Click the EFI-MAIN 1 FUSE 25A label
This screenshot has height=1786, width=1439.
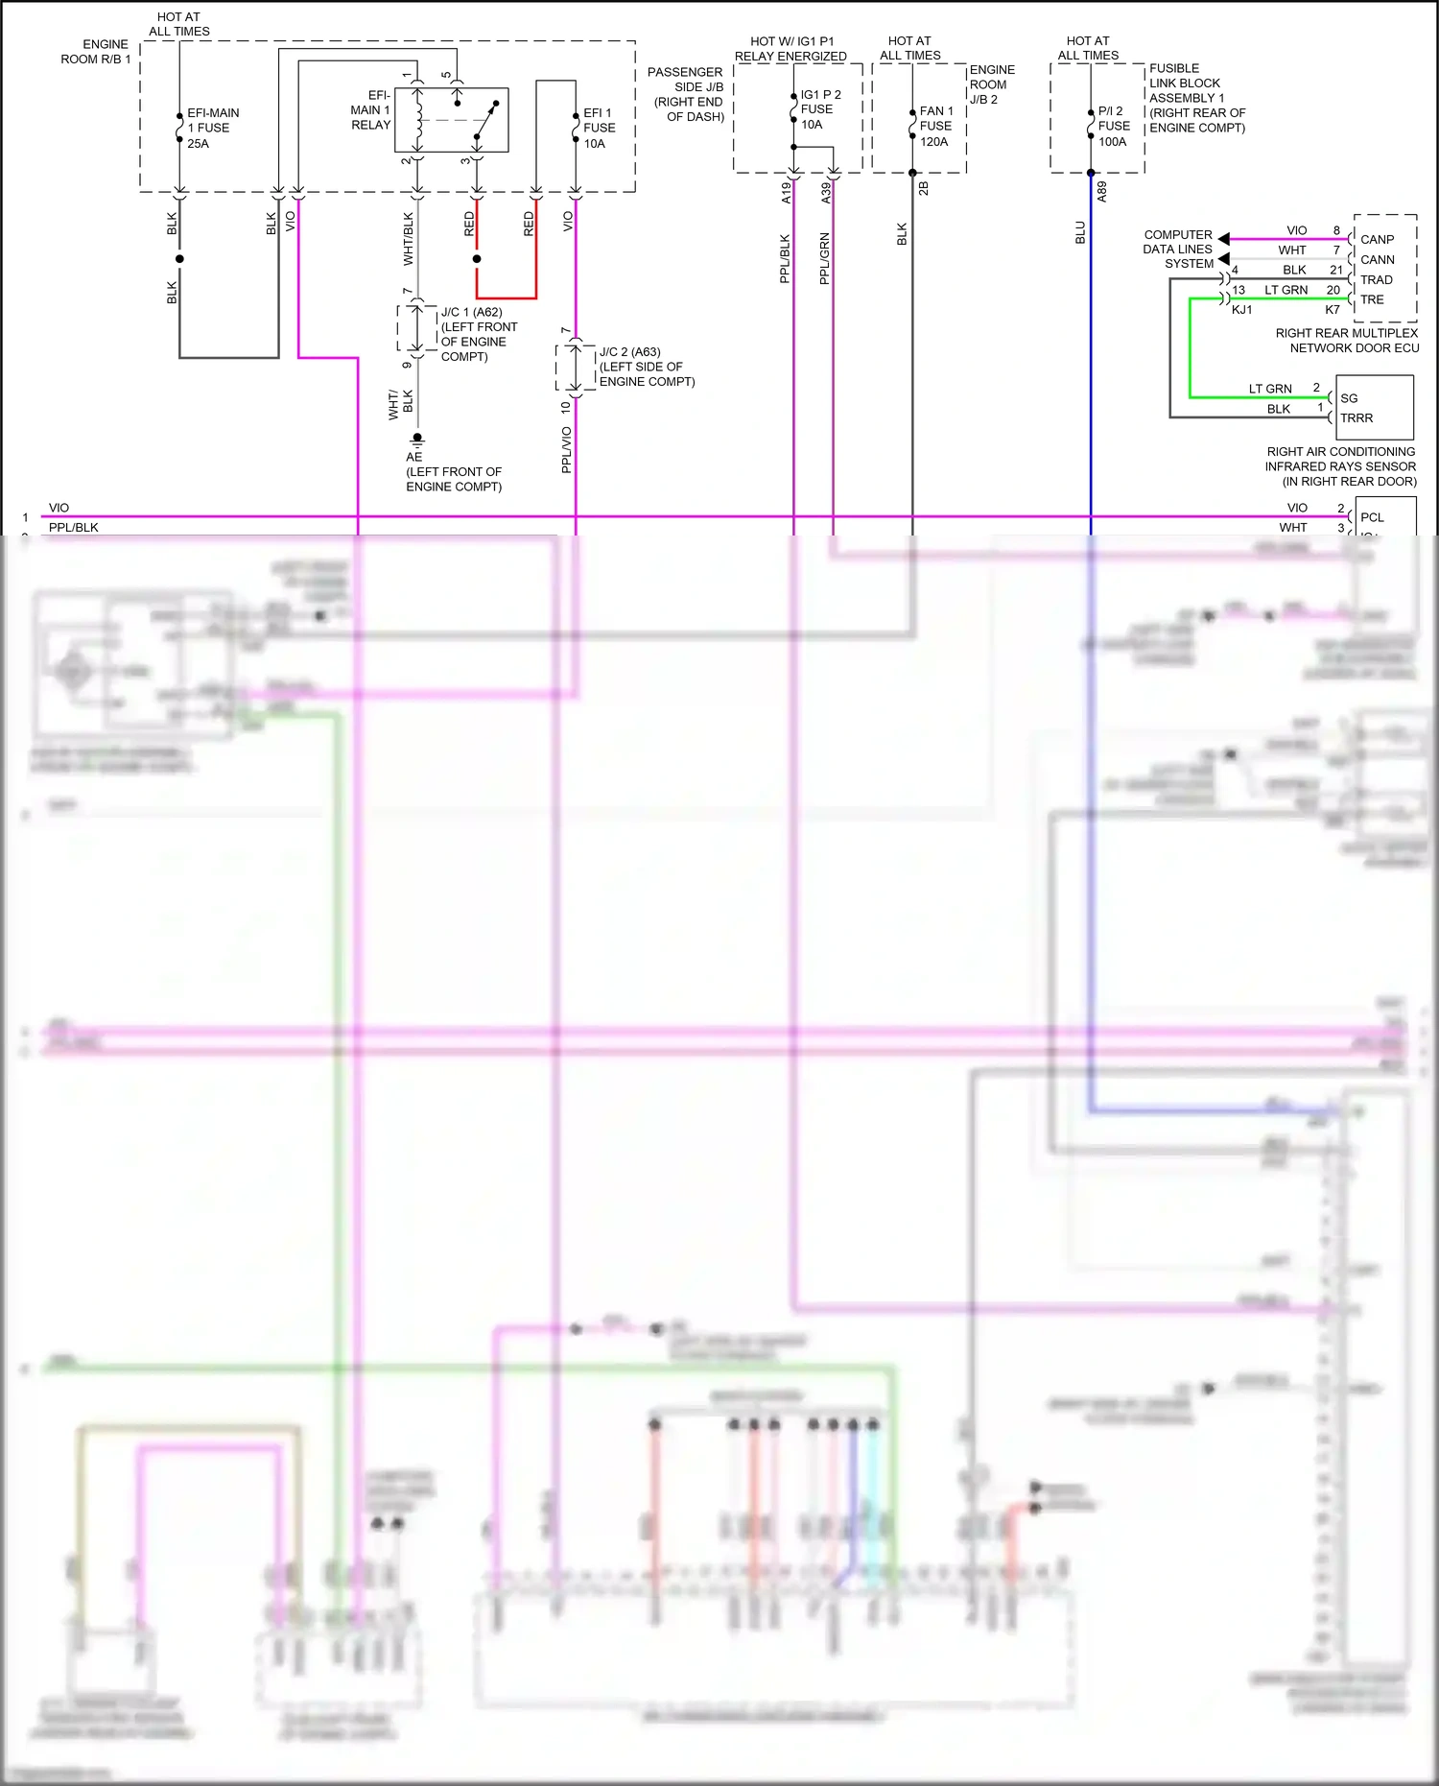tap(212, 128)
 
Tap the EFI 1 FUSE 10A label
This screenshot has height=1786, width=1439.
tap(599, 128)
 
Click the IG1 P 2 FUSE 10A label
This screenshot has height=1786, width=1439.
tap(819, 109)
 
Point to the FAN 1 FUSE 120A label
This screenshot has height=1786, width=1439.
tap(935, 126)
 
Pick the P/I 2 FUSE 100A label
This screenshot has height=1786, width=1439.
tap(1113, 126)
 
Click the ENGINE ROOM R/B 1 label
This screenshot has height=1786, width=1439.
tap(95, 52)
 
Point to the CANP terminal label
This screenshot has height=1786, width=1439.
tap(1377, 240)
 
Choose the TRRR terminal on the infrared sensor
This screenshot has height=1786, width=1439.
tap(1356, 418)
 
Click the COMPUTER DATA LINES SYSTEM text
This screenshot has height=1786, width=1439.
tap(1178, 249)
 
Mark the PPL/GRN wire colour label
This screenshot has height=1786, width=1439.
tap(824, 258)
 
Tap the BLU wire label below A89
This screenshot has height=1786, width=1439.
tap(1080, 232)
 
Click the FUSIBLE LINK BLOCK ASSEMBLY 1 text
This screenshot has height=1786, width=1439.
tap(1196, 98)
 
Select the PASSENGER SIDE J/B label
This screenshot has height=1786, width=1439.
tap(686, 94)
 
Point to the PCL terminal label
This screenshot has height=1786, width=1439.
tap(1372, 517)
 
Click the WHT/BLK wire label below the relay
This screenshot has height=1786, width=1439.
tap(408, 239)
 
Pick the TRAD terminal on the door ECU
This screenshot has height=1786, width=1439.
tap(1376, 280)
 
